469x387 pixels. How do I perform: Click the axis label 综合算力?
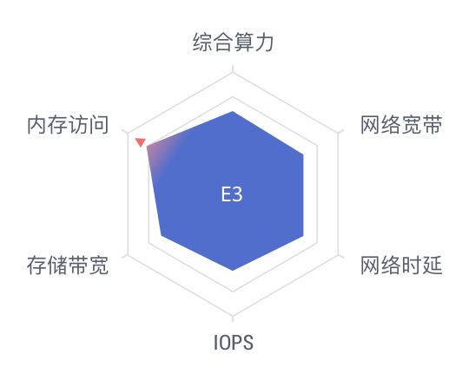coord(233,43)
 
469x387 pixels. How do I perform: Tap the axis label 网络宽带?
coord(401,125)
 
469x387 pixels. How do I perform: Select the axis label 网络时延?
coord(401,265)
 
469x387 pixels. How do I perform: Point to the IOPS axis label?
coord(234,343)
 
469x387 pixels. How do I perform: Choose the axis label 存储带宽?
coord(68,265)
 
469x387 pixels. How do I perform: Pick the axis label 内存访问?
coord(68,125)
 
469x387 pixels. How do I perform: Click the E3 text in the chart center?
coord(232,194)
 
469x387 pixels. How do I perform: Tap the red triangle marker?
coord(141,142)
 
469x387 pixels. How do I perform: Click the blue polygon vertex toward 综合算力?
coord(233,111)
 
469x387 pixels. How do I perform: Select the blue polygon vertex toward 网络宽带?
coord(303,154)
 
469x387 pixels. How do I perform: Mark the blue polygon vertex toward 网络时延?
coord(303,236)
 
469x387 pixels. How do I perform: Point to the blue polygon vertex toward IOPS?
coord(233,271)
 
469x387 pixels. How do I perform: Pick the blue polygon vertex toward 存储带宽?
coord(162,235)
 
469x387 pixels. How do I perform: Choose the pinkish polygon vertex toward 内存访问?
coord(146,147)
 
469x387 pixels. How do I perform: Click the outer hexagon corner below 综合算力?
coord(233,73)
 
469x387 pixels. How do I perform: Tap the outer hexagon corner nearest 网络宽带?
coord(339,134)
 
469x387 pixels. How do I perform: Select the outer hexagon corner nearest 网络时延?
coord(339,255)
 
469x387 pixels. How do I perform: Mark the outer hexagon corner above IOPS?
coord(233,316)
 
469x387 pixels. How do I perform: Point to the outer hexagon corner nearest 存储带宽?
coord(128,255)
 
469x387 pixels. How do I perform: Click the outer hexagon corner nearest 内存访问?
coord(128,134)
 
